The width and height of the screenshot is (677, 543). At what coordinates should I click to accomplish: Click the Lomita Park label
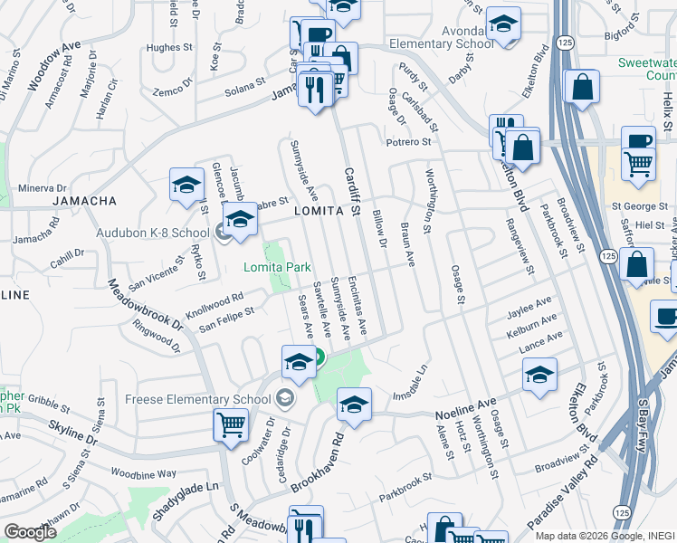278,267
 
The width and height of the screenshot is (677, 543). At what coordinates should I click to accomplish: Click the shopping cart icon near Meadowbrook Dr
231,424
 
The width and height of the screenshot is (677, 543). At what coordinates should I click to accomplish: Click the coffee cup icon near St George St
639,141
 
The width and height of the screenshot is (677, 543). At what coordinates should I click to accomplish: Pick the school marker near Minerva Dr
186,186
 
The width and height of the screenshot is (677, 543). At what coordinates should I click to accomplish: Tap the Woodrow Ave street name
47,69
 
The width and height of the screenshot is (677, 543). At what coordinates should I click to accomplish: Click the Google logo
31,531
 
